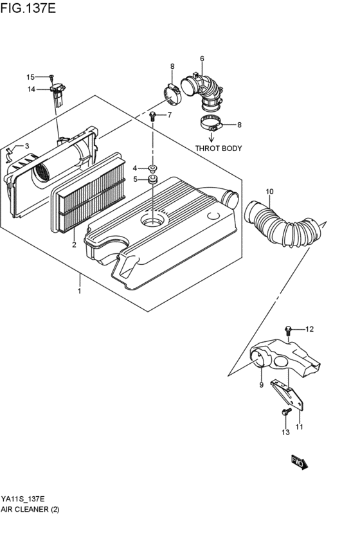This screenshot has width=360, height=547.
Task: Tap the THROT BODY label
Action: [219, 148]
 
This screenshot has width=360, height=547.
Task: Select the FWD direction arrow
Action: [298, 461]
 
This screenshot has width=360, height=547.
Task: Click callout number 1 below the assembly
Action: [79, 292]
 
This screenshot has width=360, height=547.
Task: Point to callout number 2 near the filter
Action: [74, 245]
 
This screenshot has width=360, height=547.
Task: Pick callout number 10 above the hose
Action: [269, 192]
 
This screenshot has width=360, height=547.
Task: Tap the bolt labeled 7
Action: [153, 116]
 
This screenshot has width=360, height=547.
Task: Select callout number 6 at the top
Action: [202, 59]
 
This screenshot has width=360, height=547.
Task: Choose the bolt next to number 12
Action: [289, 330]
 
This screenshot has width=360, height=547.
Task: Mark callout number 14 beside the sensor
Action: [31, 89]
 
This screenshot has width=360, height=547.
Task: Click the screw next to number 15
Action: [50, 77]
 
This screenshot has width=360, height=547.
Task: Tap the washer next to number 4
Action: [153, 168]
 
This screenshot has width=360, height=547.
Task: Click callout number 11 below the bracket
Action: [300, 426]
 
